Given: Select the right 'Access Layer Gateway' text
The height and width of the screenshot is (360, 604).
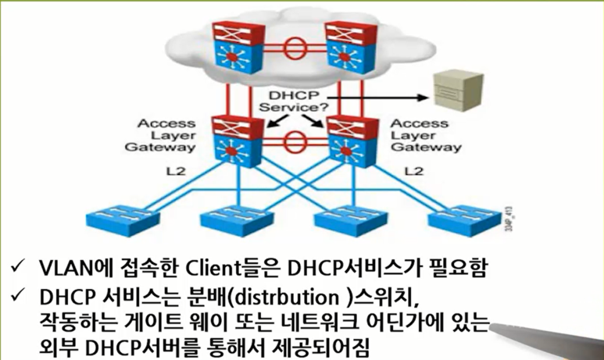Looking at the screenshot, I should coord(419,135).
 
